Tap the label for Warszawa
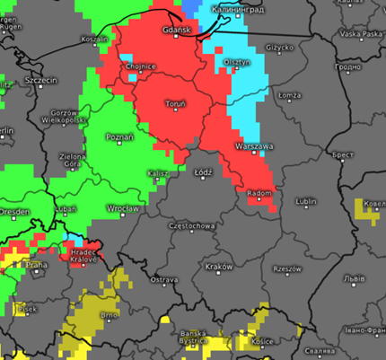click(253, 145)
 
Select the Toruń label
click(176, 105)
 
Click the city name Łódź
click(204, 171)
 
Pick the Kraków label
click(219, 267)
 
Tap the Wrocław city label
click(122, 208)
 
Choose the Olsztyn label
click(236, 62)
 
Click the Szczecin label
click(41, 80)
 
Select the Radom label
click(258, 193)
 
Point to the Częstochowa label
click(191, 226)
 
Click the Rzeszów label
click(287, 268)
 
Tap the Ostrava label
click(163, 280)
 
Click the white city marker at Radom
click(259, 201)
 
